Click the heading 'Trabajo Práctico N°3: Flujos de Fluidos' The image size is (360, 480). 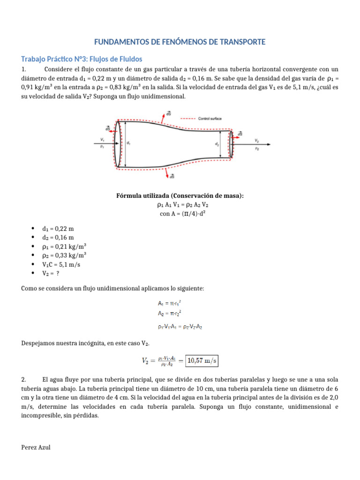pyautogui.click(x=82, y=59)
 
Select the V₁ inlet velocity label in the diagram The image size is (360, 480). pyautogui.click(x=102, y=140)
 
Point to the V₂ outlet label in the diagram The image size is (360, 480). pyautogui.click(x=256, y=140)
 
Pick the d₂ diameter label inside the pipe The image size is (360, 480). pyautogui.click(x=217, y=145)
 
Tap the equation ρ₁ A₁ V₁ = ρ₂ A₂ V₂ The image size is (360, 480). pyautogui.click(x=180, y=204)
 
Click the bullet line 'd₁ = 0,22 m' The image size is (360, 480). pyautogui.click(x=58, y=229)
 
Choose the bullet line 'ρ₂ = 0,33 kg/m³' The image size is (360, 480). pyautogui.click(x=64, y=255)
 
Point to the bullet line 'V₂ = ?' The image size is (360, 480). pyautogui.click(x=51, y=273)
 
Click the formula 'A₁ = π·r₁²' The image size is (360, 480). pyautogui.click(x=171, y=304)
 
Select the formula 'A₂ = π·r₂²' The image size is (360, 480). pyautogui.click(x=171, y=313)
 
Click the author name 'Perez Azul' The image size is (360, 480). pyautogui.click(x=36, y=447)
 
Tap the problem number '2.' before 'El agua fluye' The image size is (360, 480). pyautogui.click(x=24, y=379)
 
